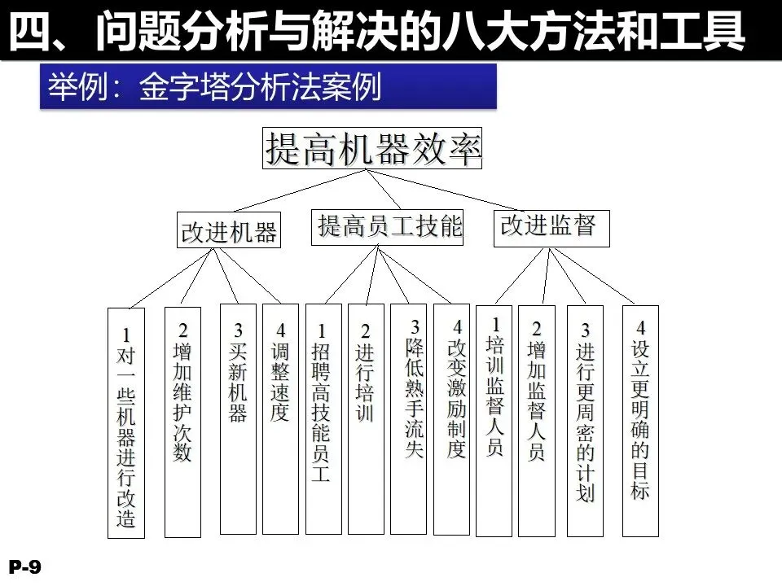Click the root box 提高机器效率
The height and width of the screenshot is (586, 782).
click(372, 148)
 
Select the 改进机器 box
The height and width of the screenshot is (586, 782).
click(229, 231)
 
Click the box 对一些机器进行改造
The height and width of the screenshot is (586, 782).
click(126, 423)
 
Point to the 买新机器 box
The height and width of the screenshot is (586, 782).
click(238, 419)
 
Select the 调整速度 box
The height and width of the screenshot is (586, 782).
click(280, 419)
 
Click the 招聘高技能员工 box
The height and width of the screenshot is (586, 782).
click(323, 419)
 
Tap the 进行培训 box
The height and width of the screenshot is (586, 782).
click(366, 419)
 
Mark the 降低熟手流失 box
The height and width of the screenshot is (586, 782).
click(408, 419)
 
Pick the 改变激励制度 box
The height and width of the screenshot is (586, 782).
click(451, 419)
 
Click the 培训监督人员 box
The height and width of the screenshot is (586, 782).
click(494, 420)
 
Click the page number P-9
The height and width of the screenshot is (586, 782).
click(25, 567)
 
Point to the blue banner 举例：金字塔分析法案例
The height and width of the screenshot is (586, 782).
click(268, 86)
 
